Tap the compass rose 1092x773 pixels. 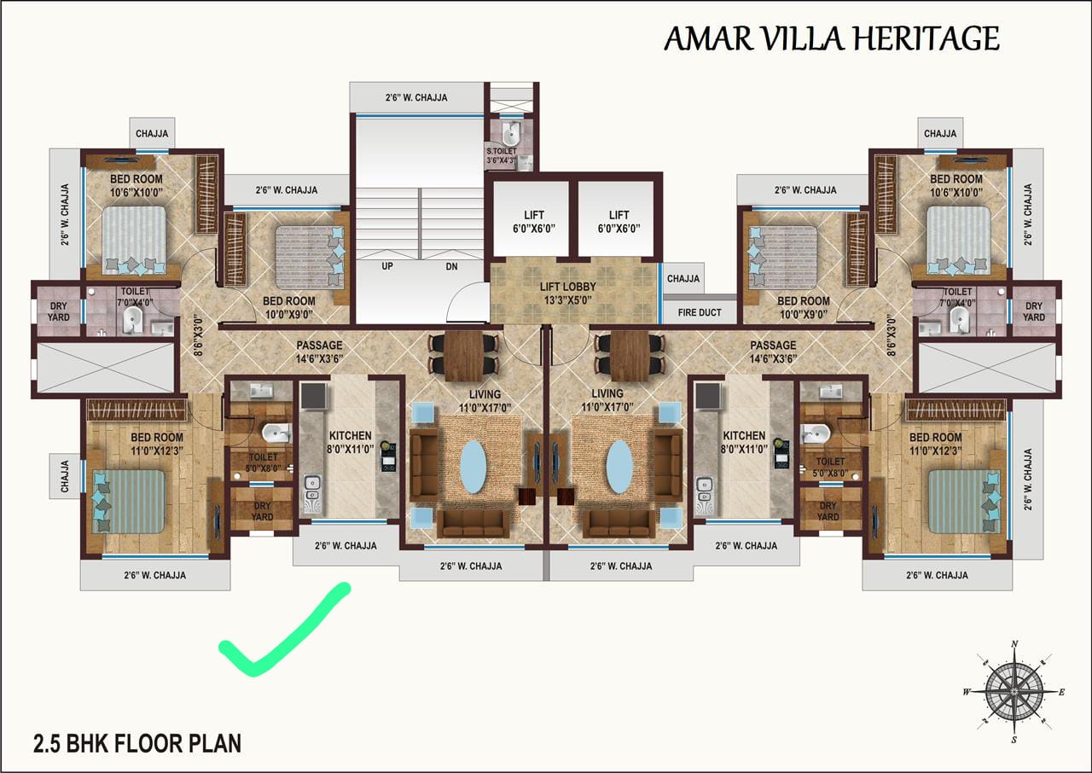pos(1014,691)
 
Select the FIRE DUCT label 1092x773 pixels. pos(700,312)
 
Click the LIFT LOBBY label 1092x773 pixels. pos(567,287)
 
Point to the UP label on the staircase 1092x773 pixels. pos(387,266)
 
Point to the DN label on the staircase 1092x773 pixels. pos(451,266)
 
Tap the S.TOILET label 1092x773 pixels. pos(501,151)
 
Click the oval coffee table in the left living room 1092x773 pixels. pos(473,467)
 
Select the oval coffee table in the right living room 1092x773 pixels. pos(619,467)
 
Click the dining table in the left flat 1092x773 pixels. pos(463,356)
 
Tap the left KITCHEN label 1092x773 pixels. pos(350,435)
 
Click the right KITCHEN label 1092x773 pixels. pos(744,435)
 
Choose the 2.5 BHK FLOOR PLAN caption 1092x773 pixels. pos(137,743)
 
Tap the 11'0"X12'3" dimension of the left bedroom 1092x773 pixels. pos(157,450)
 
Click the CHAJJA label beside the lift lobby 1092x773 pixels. pos(683,278)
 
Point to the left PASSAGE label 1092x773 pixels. pos(319,345)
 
